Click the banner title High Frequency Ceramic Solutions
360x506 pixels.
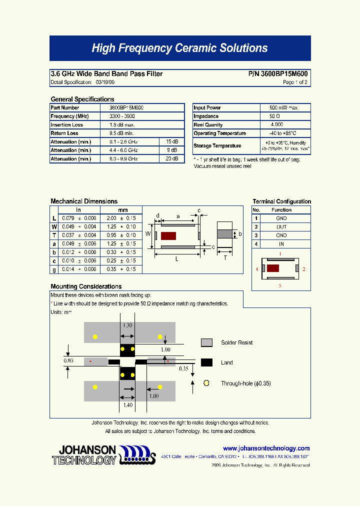[x=179, y=48]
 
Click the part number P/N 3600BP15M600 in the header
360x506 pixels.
[x=278, y=74]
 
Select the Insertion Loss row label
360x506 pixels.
[x=66, y=125]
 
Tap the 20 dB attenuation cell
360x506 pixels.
[x=171, y=159]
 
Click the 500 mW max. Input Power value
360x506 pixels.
[x=283, y=108]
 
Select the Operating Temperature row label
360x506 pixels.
[x=219, y=133]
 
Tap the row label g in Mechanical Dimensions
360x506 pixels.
[x=54, y=269]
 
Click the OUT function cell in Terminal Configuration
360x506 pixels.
[x=281, y=227]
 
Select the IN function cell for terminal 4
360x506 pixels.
[x=281, y=244]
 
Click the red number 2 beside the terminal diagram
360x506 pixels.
[x=303, y=269]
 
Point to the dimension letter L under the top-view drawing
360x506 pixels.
[x=176, y=259]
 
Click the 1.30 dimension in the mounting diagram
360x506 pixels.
[x=127, y=325]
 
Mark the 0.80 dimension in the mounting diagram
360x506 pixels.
[x=68, y=360]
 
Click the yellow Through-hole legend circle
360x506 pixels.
[x=206, y=383]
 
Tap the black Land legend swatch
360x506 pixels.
[x=206, y=362]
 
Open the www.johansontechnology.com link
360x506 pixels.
[x=266, y=448]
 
